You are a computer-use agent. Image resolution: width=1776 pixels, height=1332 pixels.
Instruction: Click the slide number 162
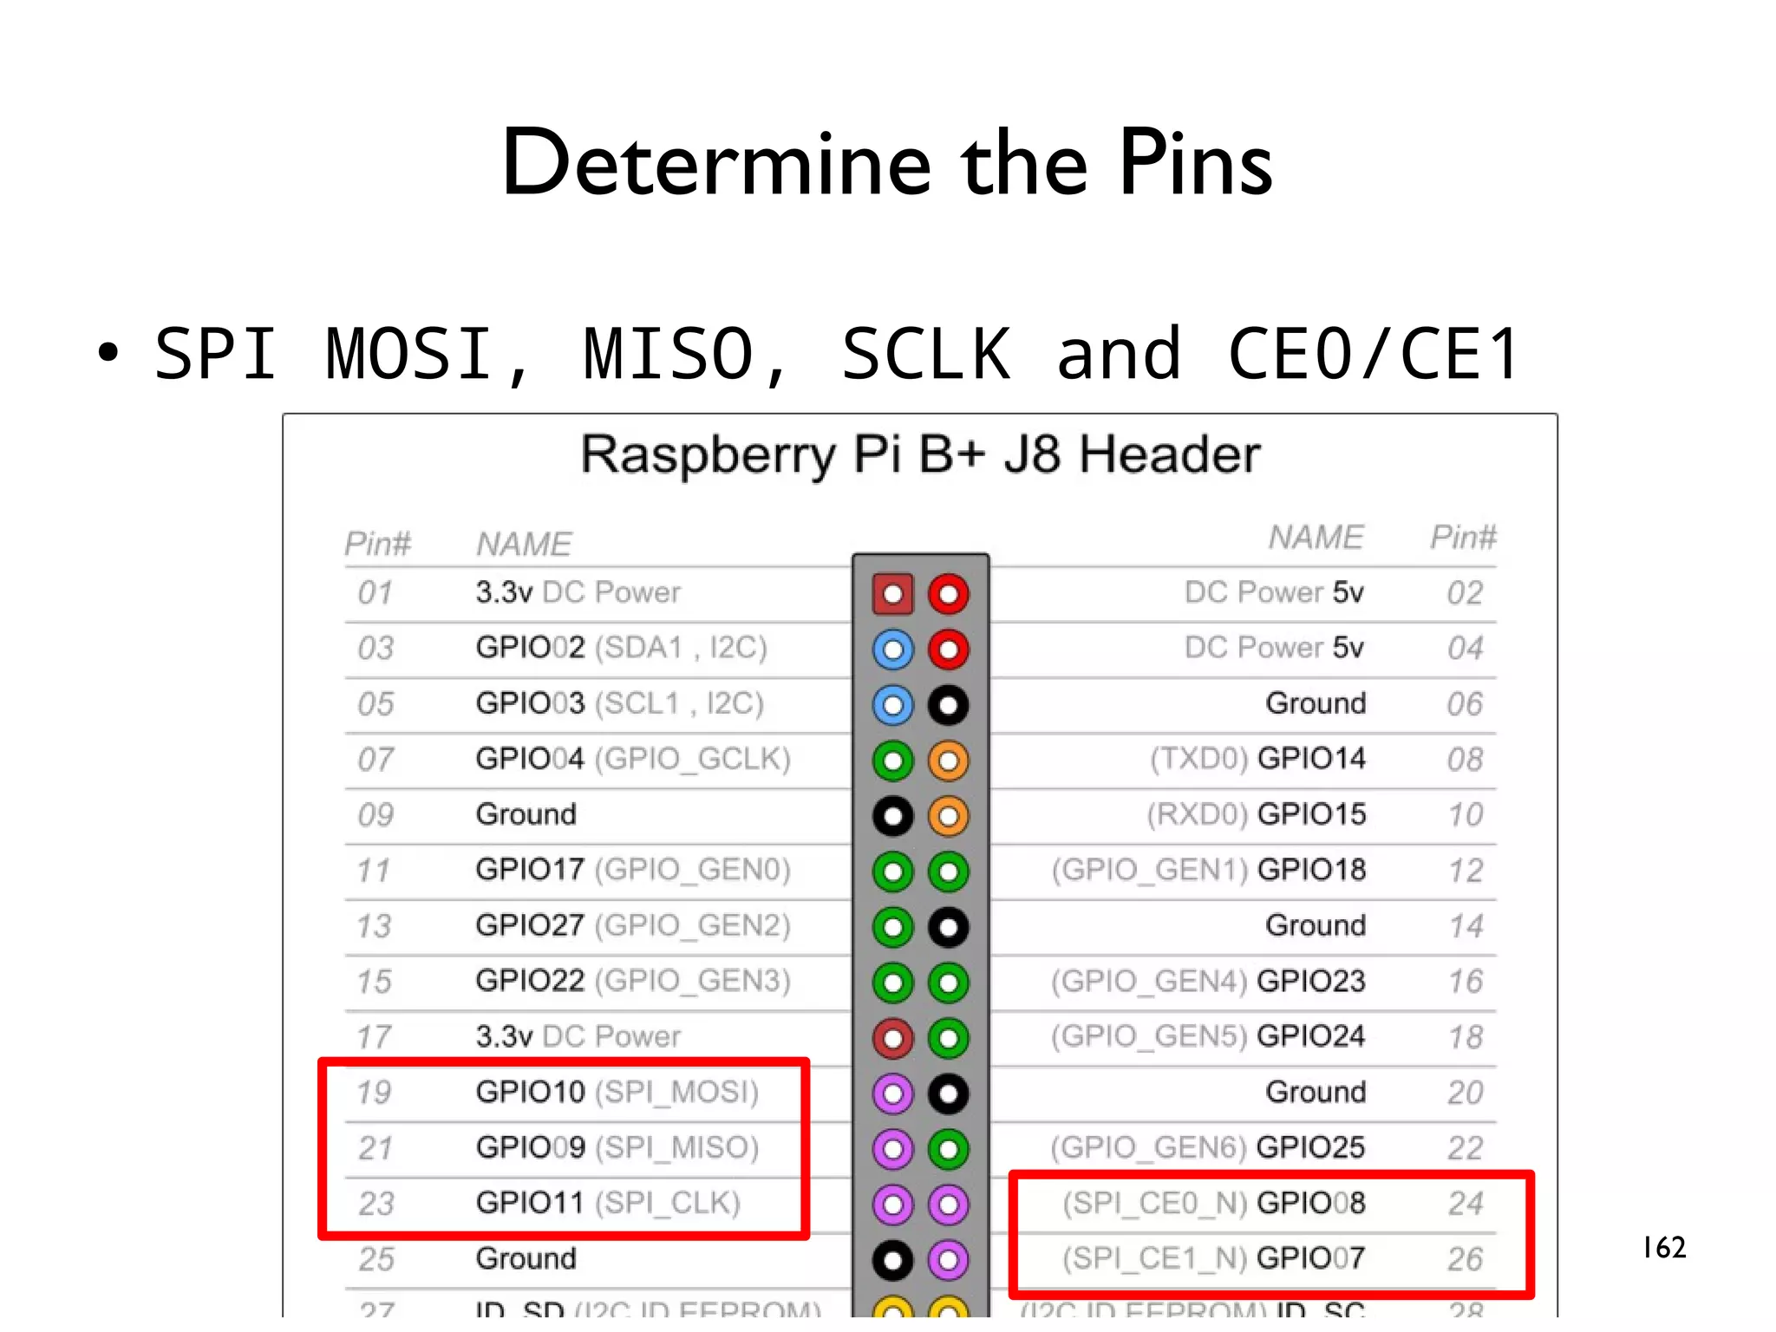1663,1247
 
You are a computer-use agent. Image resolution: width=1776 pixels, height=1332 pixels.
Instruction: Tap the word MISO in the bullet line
669,354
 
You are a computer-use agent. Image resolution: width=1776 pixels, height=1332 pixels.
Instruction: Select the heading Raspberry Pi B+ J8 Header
920,454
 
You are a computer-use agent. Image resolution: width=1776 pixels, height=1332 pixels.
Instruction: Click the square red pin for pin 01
892,594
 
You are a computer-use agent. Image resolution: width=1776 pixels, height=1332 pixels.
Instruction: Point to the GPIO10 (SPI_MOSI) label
617,1092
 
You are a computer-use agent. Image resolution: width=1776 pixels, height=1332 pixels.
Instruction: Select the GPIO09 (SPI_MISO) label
617,1147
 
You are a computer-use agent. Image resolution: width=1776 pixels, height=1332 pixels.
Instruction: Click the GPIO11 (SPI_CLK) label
607,1203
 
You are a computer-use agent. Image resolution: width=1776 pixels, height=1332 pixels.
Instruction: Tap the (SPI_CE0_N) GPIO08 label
1213,1203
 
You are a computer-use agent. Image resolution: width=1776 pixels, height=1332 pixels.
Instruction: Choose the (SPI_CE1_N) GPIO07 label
1213,1258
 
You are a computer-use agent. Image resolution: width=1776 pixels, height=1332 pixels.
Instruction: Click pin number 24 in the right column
1465,1204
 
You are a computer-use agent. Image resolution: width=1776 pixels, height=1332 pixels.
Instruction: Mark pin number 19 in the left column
375,1093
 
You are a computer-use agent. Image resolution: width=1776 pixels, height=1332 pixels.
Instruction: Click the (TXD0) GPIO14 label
1257,759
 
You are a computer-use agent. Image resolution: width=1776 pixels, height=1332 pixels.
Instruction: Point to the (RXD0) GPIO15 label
1255,814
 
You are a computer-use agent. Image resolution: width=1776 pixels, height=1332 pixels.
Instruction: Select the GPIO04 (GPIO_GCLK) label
632,759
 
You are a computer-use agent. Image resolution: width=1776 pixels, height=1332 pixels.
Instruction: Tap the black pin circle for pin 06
948,705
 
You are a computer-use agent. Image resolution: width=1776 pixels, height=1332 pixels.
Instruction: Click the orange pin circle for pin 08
948,761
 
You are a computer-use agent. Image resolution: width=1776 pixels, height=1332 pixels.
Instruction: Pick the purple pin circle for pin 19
892,1094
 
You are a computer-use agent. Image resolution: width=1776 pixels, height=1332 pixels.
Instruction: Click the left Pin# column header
377,544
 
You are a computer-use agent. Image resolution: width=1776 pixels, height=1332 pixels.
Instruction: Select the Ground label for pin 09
526,814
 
